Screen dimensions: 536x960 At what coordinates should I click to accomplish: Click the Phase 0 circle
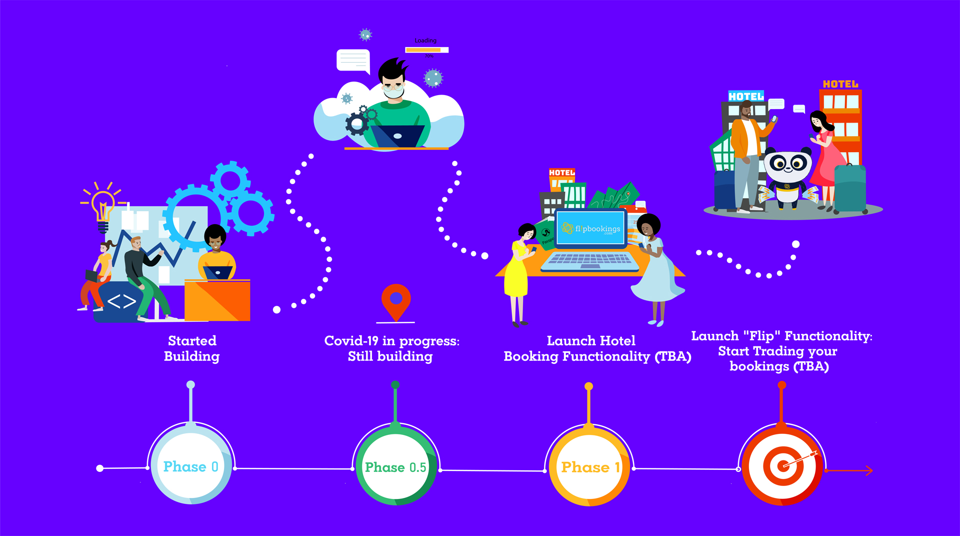(x=190, y=466)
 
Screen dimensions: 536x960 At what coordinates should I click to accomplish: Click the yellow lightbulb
(x=103, y=205)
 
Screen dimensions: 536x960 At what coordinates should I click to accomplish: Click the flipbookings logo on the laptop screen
(x=591, y=229)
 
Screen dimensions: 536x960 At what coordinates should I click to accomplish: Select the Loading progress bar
(x=426, y=50)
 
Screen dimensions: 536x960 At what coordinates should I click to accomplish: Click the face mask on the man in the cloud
(x=393, y=92)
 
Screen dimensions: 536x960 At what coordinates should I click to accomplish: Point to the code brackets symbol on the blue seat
(x=121, y=301)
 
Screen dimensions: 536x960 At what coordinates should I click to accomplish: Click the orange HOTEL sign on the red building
(x=840, y=84)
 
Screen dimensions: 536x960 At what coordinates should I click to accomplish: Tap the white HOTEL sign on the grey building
(x=745, y=96)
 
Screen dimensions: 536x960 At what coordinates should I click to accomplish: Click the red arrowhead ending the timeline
(x=869, y=470)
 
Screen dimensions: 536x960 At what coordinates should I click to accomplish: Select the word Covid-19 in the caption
(x=351, y=341)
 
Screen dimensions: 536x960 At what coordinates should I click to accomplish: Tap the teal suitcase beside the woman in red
(x=850, y=189)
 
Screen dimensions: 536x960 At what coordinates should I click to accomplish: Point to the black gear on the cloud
(x=357, y=124)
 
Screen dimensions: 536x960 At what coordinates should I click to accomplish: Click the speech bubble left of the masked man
(x=353, y=61)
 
